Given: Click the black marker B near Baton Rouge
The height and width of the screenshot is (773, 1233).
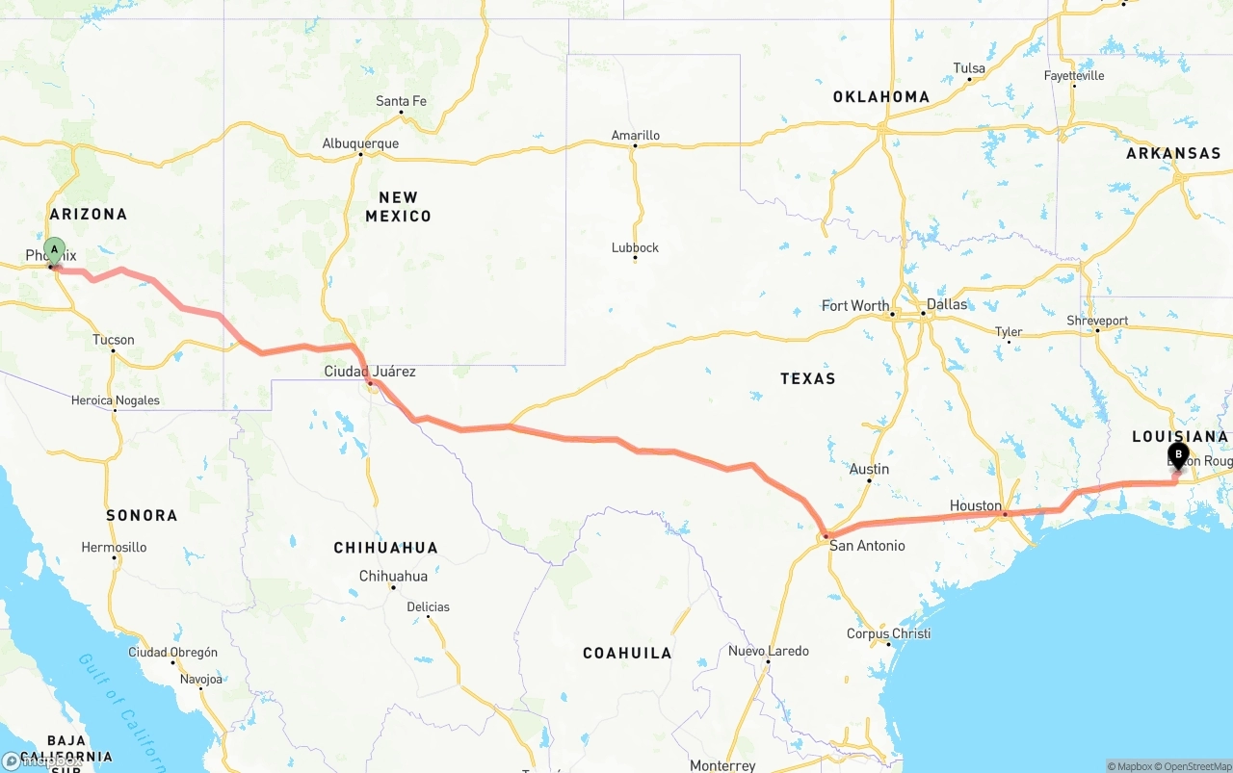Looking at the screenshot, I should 1178,455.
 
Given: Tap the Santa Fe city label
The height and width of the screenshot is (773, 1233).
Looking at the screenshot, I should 401,101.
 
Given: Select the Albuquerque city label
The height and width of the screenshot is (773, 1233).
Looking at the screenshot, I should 360,144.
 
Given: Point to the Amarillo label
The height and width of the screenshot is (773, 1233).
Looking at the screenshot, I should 636,136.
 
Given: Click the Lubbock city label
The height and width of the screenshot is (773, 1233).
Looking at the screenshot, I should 635,247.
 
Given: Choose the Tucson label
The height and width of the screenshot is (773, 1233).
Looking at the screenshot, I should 114,340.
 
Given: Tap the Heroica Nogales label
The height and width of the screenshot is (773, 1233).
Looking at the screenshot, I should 116,400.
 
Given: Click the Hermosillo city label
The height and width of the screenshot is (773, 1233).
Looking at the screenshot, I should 114,547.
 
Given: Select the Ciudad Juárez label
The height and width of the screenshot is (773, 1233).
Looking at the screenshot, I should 370,372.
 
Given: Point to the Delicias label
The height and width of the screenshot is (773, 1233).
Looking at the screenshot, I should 428,606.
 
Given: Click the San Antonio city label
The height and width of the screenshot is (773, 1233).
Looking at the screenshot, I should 867,546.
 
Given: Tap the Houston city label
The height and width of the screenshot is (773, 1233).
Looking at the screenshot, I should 975,505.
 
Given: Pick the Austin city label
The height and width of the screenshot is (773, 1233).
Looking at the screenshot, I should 869,470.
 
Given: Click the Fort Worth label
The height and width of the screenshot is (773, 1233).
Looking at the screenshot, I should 855,306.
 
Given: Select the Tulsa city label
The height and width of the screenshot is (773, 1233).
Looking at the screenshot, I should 969,68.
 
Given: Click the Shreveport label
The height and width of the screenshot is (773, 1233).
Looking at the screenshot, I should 1097,321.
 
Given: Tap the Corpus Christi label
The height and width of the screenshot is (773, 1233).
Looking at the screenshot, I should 888,633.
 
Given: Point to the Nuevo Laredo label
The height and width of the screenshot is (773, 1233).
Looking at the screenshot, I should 769,651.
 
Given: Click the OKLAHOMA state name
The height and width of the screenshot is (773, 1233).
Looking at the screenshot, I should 881,96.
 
